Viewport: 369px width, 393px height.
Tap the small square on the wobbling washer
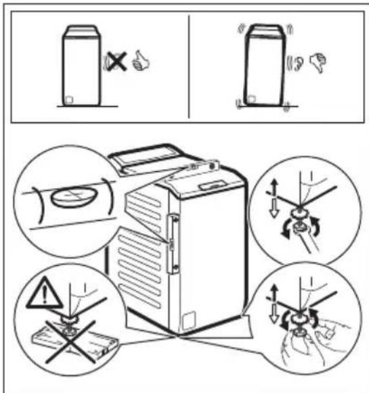[x=251, y=99]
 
